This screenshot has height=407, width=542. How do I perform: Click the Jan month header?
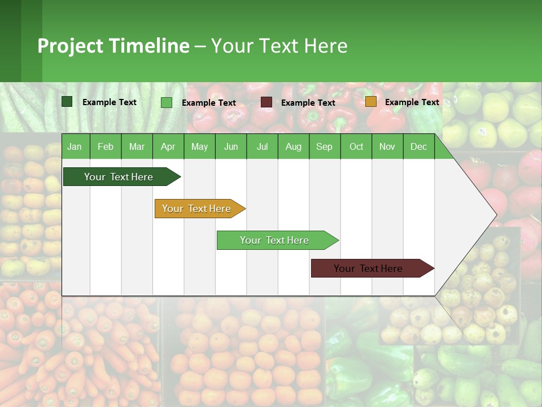[75, 146]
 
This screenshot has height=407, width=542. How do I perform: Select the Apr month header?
[168, 146]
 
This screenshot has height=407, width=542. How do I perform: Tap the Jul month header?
[262, 146]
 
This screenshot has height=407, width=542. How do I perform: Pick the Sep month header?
[324, 146]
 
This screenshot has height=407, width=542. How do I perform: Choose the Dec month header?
[418, 146]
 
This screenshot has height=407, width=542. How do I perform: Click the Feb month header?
[106, 146]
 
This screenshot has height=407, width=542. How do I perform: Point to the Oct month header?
[356, 146]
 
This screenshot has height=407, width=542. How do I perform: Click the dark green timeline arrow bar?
[119, 177]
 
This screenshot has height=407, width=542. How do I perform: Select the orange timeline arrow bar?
[196, 209]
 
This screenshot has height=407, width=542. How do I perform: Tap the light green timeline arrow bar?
[274, 240]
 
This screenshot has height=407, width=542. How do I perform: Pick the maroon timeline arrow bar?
[368, 269]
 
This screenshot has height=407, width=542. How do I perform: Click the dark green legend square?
[67, 102]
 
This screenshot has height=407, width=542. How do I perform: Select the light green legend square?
[167, 102]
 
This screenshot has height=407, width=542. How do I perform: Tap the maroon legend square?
[266, 102]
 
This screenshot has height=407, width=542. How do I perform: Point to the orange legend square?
[370, 102]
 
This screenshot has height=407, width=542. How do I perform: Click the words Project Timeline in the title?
[113, 46]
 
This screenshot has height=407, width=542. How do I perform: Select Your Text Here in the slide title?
[279, 46]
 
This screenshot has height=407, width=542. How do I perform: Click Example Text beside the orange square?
[412, 102]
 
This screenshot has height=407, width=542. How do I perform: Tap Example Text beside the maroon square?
[308, 103]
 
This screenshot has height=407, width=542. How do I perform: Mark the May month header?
[199, 146]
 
